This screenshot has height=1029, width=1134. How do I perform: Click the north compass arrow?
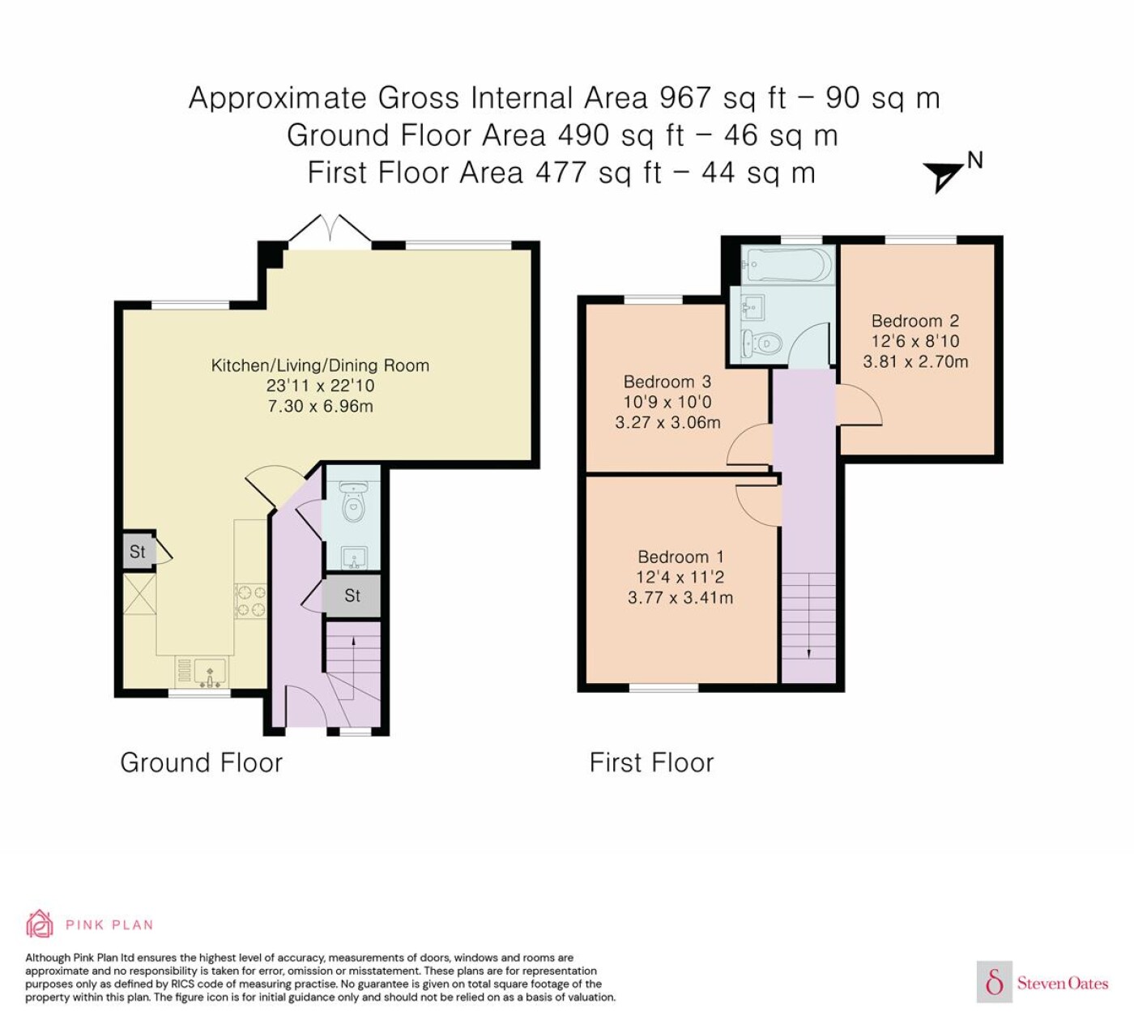[942, 176]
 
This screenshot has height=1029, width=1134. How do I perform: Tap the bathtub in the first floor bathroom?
[788, 264]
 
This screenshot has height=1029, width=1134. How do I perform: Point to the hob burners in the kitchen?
[251, 600]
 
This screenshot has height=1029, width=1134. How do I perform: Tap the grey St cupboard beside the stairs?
[352, 596]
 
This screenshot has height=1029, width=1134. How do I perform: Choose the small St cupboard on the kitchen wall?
[138, 552]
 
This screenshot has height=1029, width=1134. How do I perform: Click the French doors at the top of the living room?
[330, 232]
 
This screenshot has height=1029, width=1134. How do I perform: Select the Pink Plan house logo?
[40, 924]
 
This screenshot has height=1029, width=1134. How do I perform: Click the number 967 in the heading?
[685, 98]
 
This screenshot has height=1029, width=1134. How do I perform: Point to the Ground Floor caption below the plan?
[201, 762]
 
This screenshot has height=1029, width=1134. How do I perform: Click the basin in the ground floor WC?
[355, 557]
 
